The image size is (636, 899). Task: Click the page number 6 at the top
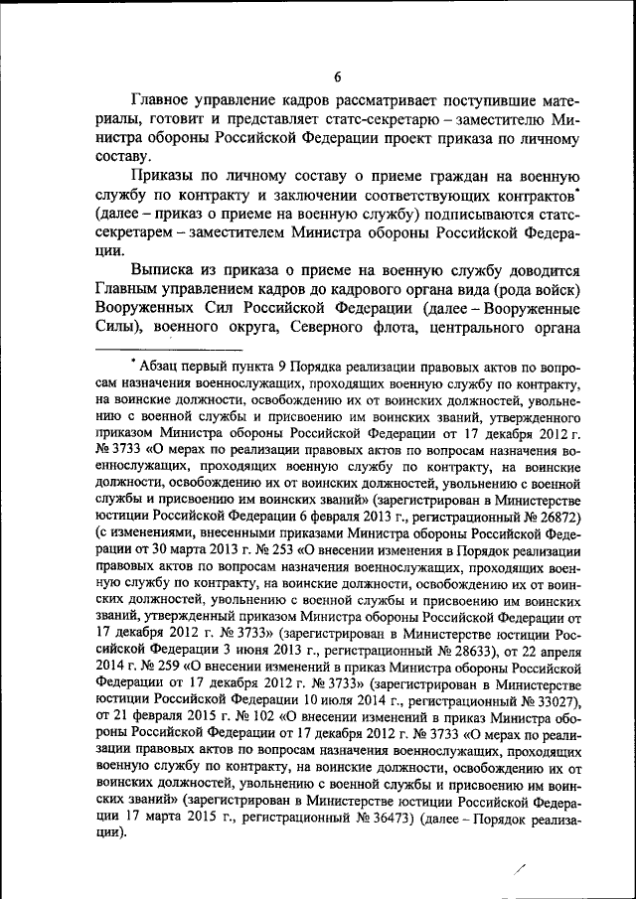[337, 78]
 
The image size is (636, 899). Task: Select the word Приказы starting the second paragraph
[168, 175]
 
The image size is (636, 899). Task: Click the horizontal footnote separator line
[169, 351]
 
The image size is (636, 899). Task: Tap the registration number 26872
[556, 518]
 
